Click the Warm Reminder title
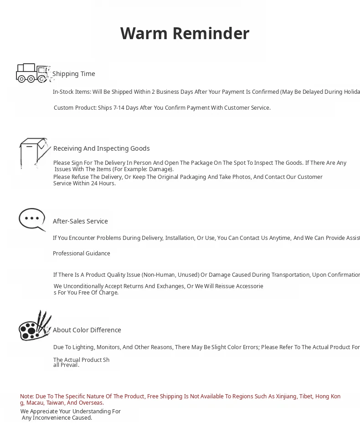[x=185, y=33]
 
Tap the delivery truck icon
[x=32, y=73]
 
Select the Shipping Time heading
[x=74, y=74]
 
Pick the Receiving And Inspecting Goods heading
[x=101, y=148]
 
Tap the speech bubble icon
[x=32, y=219]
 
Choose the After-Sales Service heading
[x=80, y=221]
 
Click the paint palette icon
[x=34, y=326]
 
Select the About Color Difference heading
[x=87, y=330]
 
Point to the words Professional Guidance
[x=82, y=254]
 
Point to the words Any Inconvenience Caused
[x=57, y=418]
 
